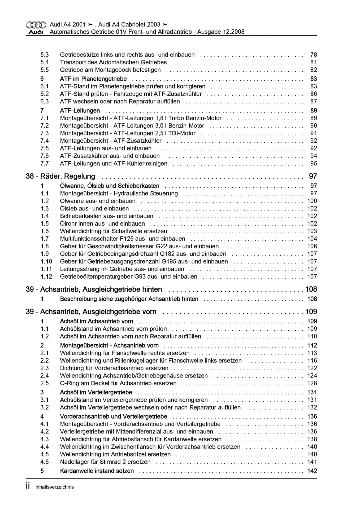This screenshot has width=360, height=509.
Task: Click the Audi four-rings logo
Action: coord(36,25)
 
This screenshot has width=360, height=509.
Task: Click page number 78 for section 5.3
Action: coord(314,55)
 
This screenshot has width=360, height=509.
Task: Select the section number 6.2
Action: coord(45,94)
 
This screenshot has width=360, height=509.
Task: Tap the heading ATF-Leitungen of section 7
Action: coord(80,111)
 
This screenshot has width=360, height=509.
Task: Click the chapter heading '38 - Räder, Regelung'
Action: coord(60,176)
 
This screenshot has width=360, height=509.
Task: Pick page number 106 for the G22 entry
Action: coord(312,246)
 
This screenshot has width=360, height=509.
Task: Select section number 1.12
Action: coord(46,277)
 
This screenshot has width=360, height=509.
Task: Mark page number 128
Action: coord(312,383)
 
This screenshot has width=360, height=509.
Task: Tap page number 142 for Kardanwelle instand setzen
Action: coord(312,471)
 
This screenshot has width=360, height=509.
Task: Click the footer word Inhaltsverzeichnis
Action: coord(55,487)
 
